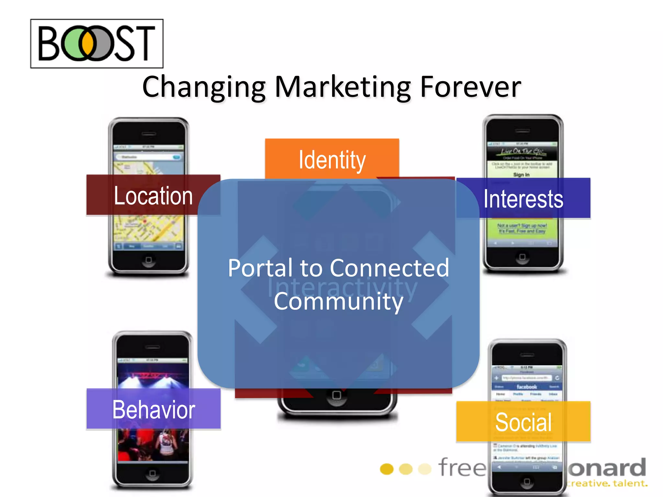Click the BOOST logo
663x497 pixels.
pyautogui.click(x=97, y=43)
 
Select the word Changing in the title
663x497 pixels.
pyautogui.click(x=204, y=87)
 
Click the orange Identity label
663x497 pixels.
pyautogui.click(x=332, y=159)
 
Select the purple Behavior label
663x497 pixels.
pyautogui.click(x=153, y=409)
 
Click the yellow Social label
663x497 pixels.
pyautogui.click(x=523, y=422)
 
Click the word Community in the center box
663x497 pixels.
pyautogui.click(x=338, y=301)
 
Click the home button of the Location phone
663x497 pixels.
pyautogui.click(x=149, y=260)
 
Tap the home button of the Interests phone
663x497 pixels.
pyautogui.click(x=522, y=257)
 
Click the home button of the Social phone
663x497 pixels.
pyautogui.click(x=527, y=481)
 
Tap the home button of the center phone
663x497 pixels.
pyautogui.click(x=337, y=395)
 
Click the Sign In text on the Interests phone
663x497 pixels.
pyautogui.click(x=521, y=175)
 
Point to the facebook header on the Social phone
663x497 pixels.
pyautogui.click(x=527, y=387)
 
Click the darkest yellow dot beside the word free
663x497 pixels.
pyautogui.click(x=387, y=469)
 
